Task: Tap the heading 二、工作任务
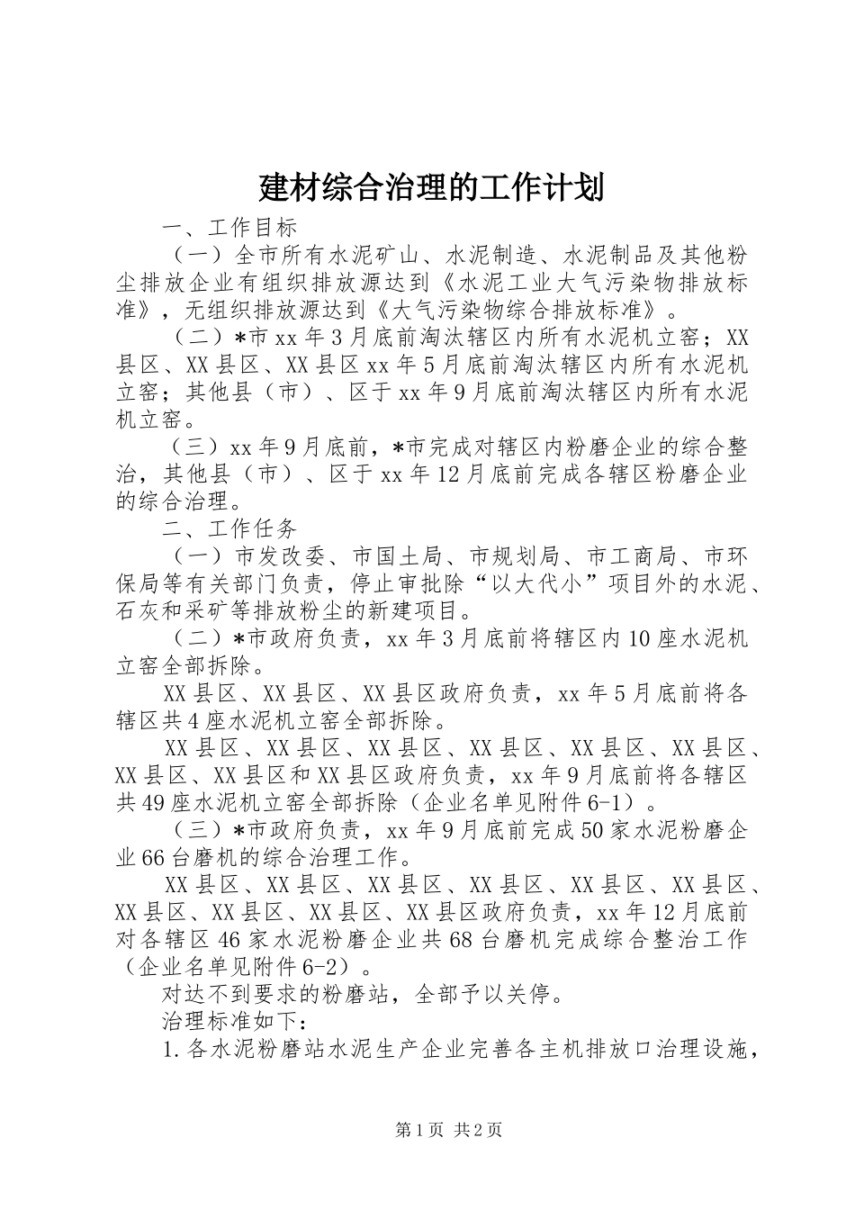point(229,527)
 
